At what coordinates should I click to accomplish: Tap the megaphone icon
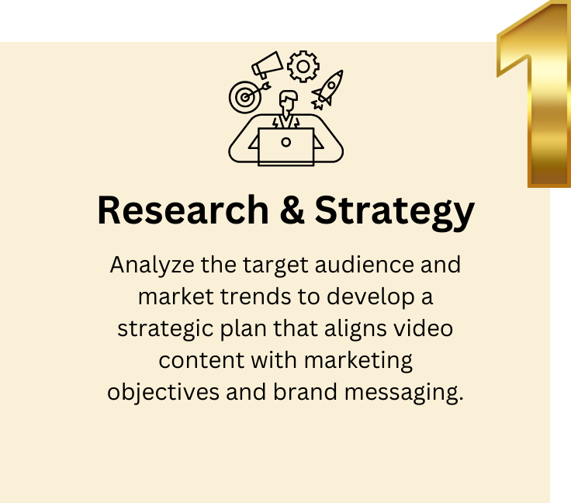coord(266,64)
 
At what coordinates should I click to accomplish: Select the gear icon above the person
coord(303,66)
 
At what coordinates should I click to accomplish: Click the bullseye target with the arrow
coord(244,97)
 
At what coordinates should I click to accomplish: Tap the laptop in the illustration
coord(286,145)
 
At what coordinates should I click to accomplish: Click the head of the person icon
coord(288,102)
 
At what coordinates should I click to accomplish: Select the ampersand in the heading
coord(294,210)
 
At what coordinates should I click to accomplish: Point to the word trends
coord(247,297)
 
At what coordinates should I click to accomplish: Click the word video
coord(424,328)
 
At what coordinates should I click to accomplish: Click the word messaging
coord(402,393)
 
